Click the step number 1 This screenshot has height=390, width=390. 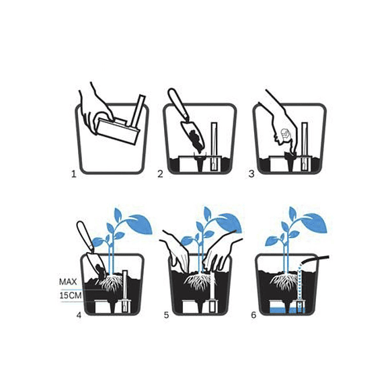point(73,174)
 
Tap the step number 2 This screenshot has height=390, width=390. point(161,174)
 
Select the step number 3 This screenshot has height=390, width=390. point(251,174)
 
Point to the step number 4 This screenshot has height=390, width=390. point(79,315)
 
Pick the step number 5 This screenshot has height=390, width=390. point(166,315)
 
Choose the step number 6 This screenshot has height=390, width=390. point(253,315)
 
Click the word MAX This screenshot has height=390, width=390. point(68,282)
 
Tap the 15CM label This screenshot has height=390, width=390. point(71,296)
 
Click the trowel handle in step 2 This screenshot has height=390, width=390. point(178,104)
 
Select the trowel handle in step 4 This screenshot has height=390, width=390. point(85,235)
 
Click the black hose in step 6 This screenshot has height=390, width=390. point(315,259)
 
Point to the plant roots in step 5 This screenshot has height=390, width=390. point(199,282)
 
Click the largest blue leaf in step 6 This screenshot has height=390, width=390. point(314,223)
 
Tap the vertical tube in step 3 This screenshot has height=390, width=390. point(305,147)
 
